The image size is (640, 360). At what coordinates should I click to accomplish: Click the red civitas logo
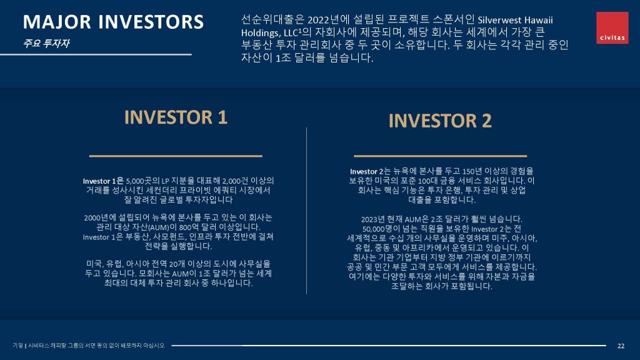pos(612,27)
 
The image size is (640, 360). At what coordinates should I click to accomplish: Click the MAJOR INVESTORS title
pos(113,22)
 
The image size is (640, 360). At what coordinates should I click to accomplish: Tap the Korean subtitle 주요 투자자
pos(46,43)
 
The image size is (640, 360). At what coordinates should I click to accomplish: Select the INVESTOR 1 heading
pos(176,117)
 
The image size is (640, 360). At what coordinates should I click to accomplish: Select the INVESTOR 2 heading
pos(440,121)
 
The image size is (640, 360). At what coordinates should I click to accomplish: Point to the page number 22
pos(621,346)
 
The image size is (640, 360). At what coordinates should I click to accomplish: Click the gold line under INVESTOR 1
pos(176,156)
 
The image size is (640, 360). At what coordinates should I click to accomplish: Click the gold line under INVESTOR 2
pos(440,156)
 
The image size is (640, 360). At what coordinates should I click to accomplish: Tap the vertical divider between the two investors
pos(306,211)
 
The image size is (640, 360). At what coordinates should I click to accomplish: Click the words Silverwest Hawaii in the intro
pos(515,20)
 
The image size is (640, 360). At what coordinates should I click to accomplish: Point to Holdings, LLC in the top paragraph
pos(269,32)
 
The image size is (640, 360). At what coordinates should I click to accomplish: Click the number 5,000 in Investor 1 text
pos(134,181)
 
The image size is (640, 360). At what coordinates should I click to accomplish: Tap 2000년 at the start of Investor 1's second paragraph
pos(96,217)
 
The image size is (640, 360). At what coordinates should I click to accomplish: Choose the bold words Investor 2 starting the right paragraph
pos(367,171)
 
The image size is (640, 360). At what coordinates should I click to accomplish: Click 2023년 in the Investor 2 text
pos(373,219)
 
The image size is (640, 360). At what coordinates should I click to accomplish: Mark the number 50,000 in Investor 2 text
pos(372,229)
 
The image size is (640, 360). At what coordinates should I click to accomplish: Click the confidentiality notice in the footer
pos(89,346)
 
